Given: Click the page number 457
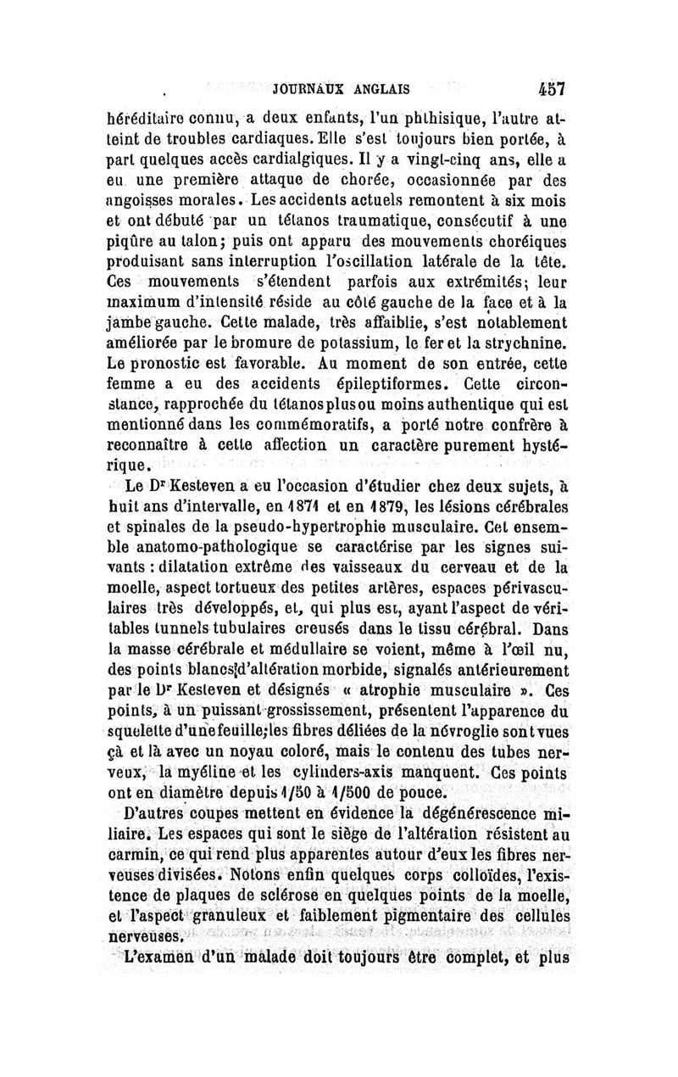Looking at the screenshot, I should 551,87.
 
